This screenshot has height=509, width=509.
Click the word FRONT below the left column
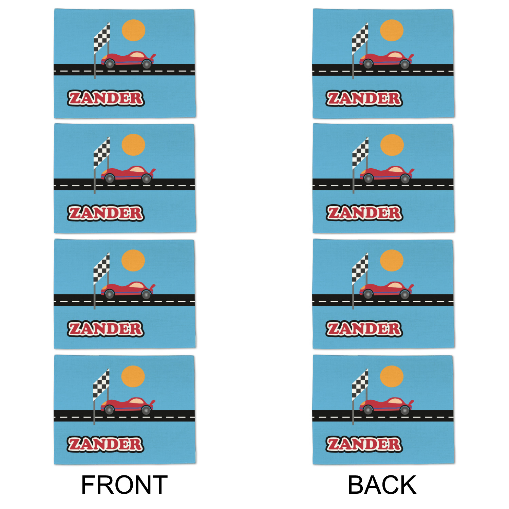(x=124, y=485)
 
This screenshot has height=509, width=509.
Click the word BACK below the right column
(x=382, y=485)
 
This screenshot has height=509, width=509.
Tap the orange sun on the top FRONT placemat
(x=133, y=30)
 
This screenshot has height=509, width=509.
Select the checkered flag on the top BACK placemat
(x=360, y=38)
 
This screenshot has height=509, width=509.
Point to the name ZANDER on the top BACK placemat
(x=364, y=98)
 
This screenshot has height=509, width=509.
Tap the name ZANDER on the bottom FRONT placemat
(x=106, y=444)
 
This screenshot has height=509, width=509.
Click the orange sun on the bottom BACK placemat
(x=392, y=376)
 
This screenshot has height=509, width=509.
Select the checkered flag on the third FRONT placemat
(x=101, y=268)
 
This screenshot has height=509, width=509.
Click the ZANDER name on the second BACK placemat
(x=364, y=213)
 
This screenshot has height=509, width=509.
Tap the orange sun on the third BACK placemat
(x=392, y=261)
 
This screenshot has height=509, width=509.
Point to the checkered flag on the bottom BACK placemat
(x=360, y=384)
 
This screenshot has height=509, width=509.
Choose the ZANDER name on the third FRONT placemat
(x=106, y=329)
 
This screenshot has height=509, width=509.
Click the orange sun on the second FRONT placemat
(x=133, y=145)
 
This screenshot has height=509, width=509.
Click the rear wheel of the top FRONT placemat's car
(x=147, y=64)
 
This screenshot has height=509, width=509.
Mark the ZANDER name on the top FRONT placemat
(x=106, y=98)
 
